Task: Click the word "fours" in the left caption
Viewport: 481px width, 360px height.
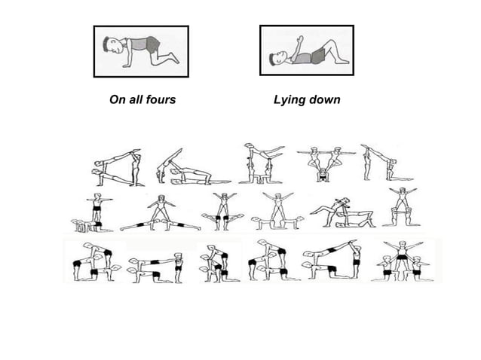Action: click(x=159, y=99)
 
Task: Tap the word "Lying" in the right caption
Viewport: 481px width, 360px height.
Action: click(x=287, y=99)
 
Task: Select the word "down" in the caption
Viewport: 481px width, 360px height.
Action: click(x=324, y=99)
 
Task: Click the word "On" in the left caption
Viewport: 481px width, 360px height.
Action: click(x=117, y=99)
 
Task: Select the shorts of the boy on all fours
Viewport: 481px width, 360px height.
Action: click(x=153, y=44)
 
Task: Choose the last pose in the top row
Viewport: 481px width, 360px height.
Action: click(x=383, y=164)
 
